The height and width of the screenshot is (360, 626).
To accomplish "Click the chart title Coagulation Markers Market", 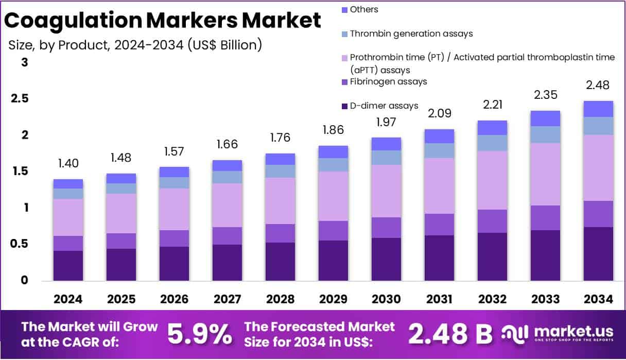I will click(x=163, y=21).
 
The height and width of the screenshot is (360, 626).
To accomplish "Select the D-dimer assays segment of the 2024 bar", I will click(x=68, y=265).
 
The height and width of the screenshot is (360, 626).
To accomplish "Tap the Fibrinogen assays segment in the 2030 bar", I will click(x=386, y=227).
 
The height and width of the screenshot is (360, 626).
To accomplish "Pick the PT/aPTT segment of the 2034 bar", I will click(x=598, y=167).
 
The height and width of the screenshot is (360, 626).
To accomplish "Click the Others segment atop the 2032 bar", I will click(x=492, y=128).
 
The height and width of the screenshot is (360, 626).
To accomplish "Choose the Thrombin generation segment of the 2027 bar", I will click(x=227, y=177).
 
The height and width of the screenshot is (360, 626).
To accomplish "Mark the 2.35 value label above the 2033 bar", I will click(x=545, y=95).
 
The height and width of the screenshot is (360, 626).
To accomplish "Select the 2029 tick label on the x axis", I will click(x=333, y=299).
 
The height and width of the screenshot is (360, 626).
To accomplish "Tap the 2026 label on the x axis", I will click(x=174, y=299).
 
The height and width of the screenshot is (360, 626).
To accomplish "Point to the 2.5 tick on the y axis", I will click(x=20, y=99).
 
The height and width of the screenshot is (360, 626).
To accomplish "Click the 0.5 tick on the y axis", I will click(x=20, y=244).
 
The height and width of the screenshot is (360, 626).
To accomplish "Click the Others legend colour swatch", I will click(x=344, y=10).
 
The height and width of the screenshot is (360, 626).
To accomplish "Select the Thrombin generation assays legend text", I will click(x=411, y=33).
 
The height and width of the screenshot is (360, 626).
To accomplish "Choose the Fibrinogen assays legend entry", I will click(x=388, y=81).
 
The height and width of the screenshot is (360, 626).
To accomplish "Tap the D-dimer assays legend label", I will click(x=384, y=106).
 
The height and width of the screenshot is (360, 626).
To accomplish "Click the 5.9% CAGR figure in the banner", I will click(x=200, y=334).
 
